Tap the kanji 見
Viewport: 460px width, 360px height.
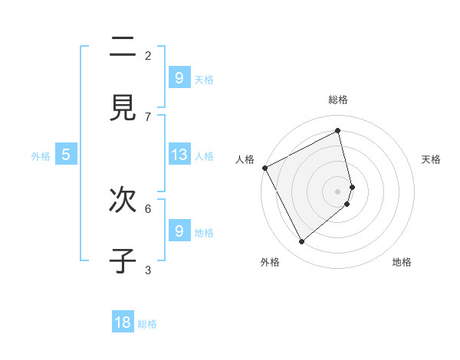point(123,109)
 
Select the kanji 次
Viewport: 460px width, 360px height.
point(123,201)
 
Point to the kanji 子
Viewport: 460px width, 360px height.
point(123,261)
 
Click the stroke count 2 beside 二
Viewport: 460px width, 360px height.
point(148,55)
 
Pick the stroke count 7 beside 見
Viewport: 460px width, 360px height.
point(148,116)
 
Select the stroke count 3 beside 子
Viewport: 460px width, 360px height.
point(148,270)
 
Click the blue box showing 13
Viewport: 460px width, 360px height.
point(179,155)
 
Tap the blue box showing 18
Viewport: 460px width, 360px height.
point(123,322)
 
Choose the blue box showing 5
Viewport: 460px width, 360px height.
point(66,155)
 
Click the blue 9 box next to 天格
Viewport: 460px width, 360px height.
point(179,78)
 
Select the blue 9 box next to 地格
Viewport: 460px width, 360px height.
point(179,231)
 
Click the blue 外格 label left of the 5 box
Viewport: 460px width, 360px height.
point(41,155)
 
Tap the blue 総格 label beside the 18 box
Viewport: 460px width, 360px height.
point(147,324)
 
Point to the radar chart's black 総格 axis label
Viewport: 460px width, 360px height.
point(337,100)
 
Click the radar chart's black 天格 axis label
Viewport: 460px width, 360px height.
point(431,159)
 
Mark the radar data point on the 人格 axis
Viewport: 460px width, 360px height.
point(264,168)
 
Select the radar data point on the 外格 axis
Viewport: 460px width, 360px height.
point(301,242)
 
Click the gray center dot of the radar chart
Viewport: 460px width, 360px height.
point(337,191)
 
